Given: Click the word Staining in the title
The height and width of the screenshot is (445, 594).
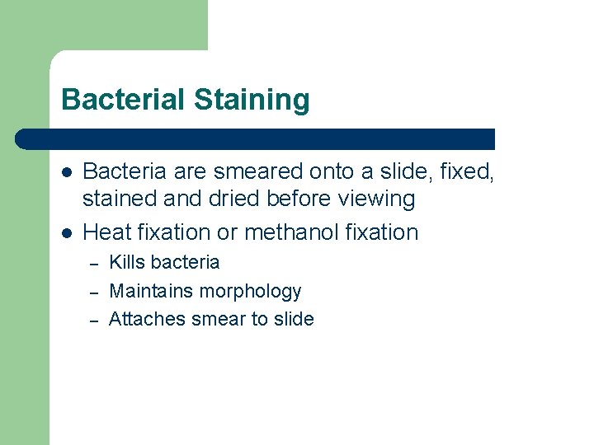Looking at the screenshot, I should [x=252, y=101].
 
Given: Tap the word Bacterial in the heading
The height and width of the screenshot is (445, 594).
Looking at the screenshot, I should [x=124, y=100].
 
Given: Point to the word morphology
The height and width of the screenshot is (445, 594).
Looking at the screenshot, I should [x=251, y=292].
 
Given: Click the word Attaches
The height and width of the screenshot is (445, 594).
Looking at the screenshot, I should [x=147, y=319].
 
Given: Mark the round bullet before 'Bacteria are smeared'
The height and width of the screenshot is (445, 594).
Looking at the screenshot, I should [x=67, y=173].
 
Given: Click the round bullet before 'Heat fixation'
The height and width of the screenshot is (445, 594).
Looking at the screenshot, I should [x=67, y=233].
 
